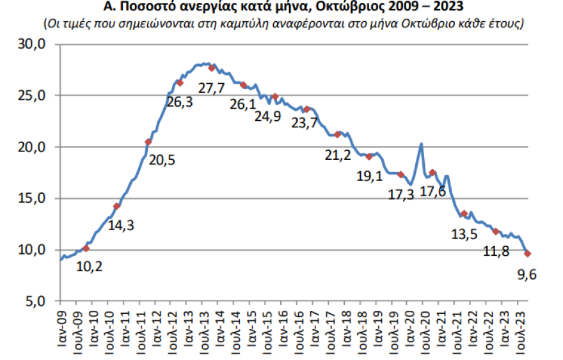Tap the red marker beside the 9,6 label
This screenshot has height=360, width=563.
pos(528,254)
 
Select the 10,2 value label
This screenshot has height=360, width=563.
pos(90,266)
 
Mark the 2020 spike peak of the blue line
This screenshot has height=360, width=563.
pos(422,144)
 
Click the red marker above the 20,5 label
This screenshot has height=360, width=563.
pos(148,142)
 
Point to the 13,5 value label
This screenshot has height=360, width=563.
pos(464,235)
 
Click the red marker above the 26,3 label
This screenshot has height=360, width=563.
pos(180,82)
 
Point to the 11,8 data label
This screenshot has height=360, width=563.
pos(496,251)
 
